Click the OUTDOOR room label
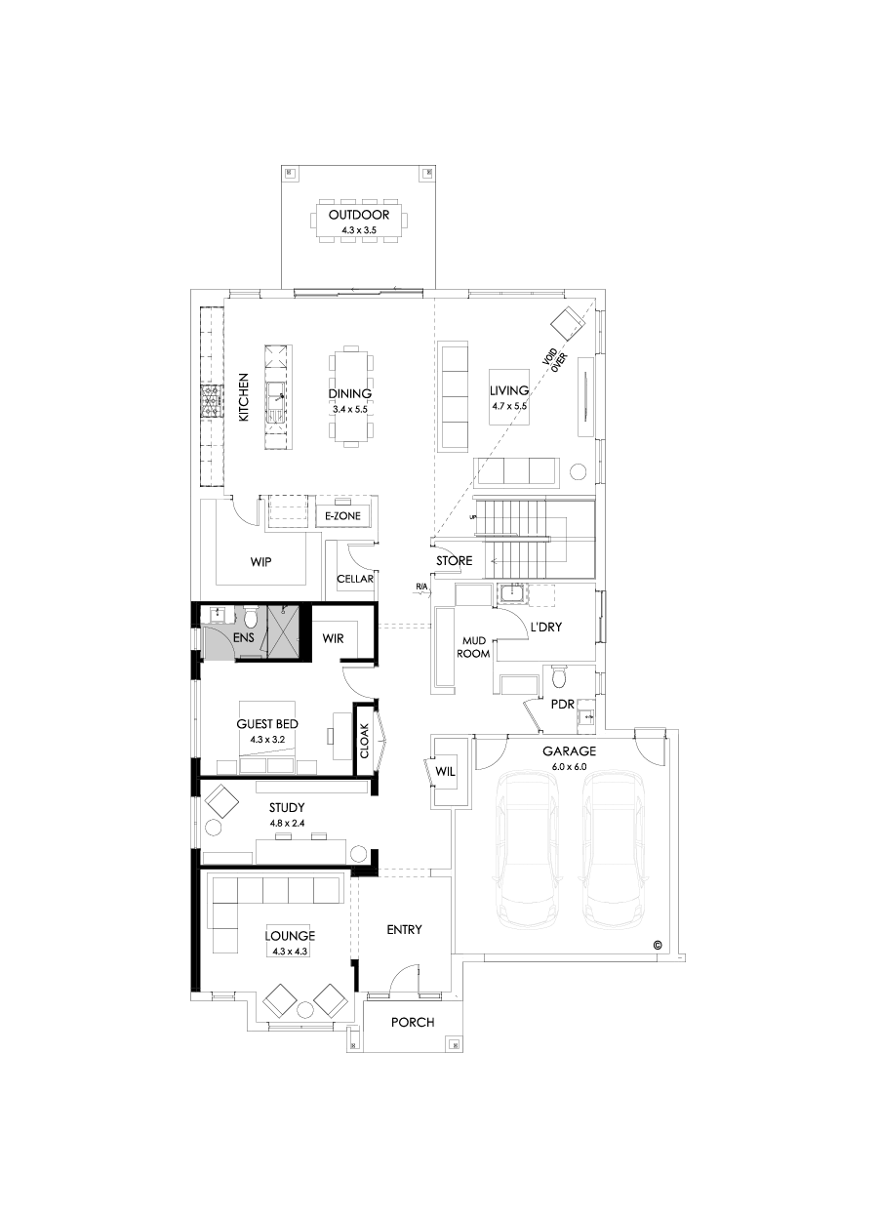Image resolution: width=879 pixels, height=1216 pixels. [x=359, y=215]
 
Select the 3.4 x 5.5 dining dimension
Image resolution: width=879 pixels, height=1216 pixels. [x=350, y=410]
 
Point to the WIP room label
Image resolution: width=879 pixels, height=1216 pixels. [x=260, y=562]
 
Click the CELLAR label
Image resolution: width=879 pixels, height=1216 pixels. [x=355, y=579]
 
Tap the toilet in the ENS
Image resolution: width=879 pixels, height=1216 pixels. [x=250, y=618]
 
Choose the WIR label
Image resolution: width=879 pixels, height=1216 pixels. [x=335, y=638]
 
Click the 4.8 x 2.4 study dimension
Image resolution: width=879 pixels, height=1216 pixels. [x=287, y=824]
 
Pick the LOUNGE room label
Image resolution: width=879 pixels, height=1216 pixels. [x=290, y=936]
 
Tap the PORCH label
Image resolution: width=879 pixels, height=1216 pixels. [x=413, y=1022]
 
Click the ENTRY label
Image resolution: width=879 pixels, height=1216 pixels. [x=404, y=929]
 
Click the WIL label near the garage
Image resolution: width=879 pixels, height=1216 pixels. [x=445, y=772]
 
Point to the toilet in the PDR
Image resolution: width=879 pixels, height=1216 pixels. [x=558, y=676]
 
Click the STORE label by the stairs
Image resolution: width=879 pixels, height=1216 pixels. [x=454, y=561]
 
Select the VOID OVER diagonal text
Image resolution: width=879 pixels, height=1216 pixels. [x=555, y=359]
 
